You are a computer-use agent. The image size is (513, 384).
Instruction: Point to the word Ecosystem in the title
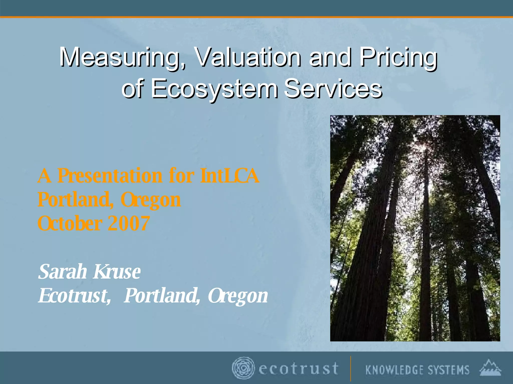point(214,89)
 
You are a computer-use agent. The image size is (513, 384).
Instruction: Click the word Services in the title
point(333,89)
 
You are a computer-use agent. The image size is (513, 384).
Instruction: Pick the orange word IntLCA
point(230,176)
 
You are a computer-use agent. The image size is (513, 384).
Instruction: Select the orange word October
point(70,223)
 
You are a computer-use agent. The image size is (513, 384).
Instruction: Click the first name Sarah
point(63,272)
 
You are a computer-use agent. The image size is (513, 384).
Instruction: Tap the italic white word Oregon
point(238,296)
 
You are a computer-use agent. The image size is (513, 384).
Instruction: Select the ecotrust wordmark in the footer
point(299,369)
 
